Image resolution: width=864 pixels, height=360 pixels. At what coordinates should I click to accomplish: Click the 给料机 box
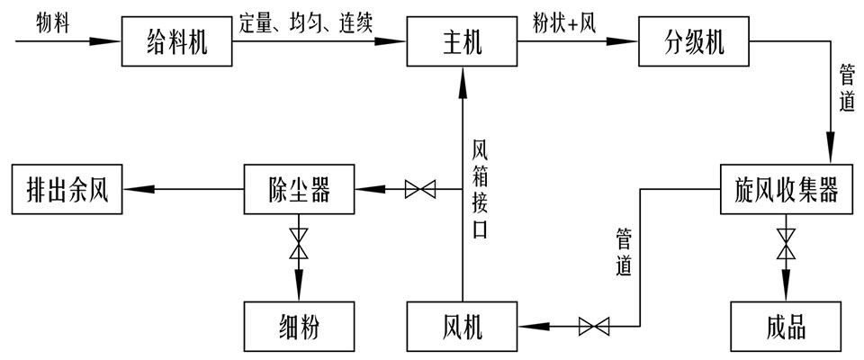click(176, 41)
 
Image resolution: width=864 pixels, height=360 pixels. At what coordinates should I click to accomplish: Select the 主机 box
click(463, 41)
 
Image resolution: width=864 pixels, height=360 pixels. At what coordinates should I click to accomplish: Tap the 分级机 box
click(694, 41)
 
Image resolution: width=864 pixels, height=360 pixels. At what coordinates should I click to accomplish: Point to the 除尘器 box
click(301, 189)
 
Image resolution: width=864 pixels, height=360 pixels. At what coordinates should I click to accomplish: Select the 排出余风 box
click(67, 189)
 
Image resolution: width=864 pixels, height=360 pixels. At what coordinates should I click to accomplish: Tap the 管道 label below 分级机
click(845, 86)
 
